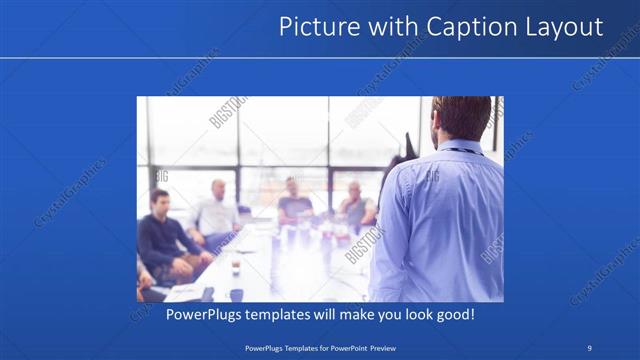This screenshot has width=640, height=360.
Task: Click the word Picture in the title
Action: pos(314,27)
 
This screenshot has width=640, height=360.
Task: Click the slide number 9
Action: pos(590,347)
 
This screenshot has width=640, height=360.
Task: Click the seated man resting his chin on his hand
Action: pos(356,206)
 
